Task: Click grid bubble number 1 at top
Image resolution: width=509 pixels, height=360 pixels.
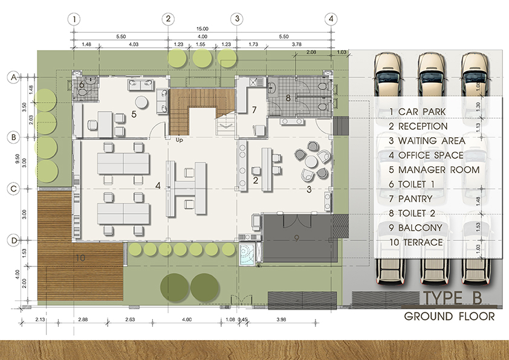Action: pos(74,19)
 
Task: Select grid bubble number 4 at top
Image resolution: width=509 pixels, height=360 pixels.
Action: pos(331,19)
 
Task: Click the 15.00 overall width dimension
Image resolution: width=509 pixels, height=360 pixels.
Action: pos(202,29)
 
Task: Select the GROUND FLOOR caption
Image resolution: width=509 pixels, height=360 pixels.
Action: pos(449,316)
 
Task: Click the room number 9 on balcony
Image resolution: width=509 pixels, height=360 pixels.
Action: pos(296,239)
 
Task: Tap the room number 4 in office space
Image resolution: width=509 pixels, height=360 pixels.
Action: pos(158,186)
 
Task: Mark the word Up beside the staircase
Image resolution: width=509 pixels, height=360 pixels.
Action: pos(179,140)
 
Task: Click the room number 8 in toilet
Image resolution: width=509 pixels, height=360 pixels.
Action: pos(288,97)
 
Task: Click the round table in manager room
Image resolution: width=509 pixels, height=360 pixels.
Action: pos(141,101)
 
